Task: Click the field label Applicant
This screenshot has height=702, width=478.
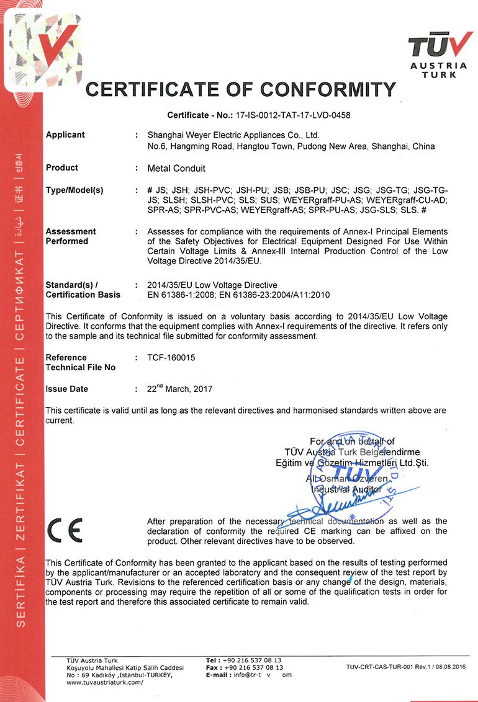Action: click(x=65, y=135)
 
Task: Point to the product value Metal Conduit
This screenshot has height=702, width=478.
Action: click(x=176, y=168)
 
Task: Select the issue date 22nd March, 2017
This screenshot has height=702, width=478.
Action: click(x=179, y=389)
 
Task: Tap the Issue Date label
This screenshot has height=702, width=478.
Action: click(x=66, y=389)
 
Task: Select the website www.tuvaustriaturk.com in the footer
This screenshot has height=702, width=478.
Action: click(x=104, y=682)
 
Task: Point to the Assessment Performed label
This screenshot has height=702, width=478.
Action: click(x=71, y=236)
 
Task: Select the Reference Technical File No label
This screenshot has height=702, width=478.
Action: click(x=80, y=362)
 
